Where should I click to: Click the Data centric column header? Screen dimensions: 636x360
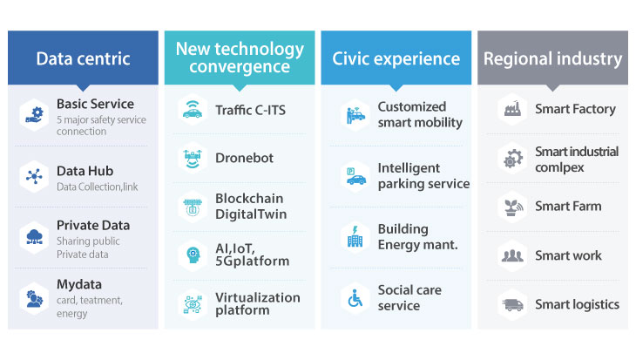pos(83,58)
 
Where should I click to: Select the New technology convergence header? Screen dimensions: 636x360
pos(240,58)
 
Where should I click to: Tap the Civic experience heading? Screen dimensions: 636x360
pos(396,58)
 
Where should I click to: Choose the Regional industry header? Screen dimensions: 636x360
pos(552,58)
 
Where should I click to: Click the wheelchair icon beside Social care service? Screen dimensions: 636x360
pos(355,298)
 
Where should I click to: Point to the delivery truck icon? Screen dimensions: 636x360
pos(512,304)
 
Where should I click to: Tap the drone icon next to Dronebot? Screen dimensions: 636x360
pos(193,159)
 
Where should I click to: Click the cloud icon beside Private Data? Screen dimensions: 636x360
pos(35,237)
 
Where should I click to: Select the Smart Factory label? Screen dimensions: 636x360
pos(575,109)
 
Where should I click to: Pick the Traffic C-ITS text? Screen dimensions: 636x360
pos(250,110)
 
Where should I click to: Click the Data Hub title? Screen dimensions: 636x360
pos(85,171)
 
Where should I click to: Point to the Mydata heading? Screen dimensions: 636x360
pos(79,284)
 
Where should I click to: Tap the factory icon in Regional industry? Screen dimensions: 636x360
pos(512,109)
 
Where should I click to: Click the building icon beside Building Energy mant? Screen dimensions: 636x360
pos(355,237)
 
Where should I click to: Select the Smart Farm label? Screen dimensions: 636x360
pos(568,207)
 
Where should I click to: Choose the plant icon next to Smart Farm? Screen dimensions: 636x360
pos(512,207)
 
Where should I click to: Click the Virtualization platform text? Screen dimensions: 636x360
pos(258,303)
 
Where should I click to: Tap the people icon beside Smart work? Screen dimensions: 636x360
pos(512,255)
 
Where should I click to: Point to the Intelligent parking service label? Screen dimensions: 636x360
pos(423,176)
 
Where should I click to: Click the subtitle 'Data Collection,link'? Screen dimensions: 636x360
pos(98,187)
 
